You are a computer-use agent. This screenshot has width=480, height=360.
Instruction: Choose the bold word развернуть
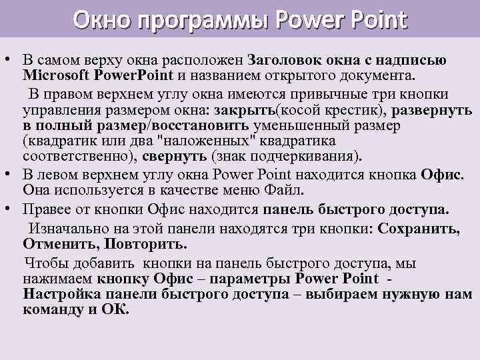(428, 110)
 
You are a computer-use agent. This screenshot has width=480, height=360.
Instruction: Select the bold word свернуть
(183, 157)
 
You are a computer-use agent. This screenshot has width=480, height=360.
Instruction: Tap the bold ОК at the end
(114, 310)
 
